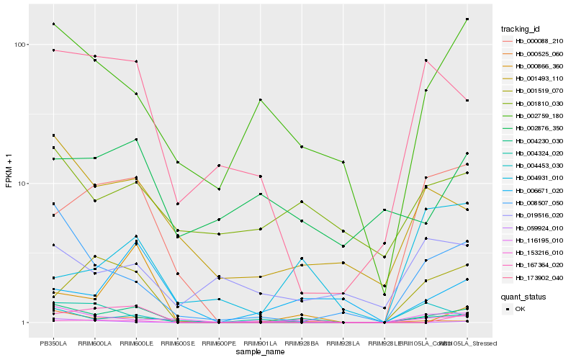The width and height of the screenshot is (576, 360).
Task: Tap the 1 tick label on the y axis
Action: coord(21,323)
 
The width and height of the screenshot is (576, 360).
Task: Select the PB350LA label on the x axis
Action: coord(53,343)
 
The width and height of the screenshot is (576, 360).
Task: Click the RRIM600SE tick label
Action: coord(177,343)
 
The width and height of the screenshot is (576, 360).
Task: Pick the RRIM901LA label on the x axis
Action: coord(260,343)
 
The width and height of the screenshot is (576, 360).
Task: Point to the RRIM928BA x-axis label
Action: coord(302,343)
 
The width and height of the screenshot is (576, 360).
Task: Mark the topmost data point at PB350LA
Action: coord(53,24)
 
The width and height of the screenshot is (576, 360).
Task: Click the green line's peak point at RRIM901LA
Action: coord(260,99)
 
